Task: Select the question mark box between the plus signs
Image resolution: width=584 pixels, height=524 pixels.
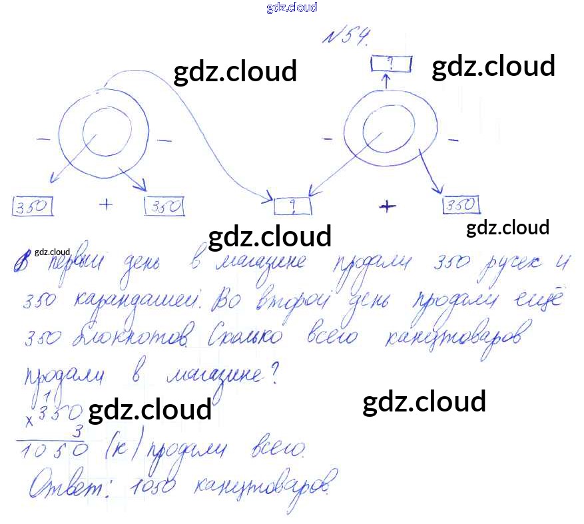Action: point(293,206)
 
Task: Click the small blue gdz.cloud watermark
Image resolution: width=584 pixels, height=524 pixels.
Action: point(291,7)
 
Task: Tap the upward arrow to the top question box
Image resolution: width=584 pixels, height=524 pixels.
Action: point(384,79)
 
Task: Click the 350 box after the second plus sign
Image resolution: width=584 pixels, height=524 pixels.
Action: point(461,205)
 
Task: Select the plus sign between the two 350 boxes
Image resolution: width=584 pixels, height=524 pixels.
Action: point(106,204)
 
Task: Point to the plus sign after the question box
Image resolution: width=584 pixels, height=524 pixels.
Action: point(387,206)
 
